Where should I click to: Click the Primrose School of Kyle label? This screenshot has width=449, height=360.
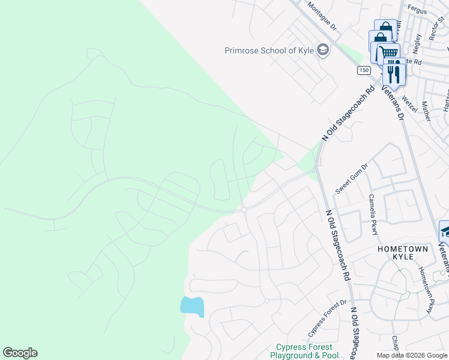pyautogui.click(x=270, y=50)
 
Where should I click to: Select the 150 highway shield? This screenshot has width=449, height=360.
pyautogui.click(x=363, y=70)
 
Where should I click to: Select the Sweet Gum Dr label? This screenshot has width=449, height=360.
pyautogui.click(x=351, y=179)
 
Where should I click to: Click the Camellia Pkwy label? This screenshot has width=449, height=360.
pyautogui.click(x=373, y=215)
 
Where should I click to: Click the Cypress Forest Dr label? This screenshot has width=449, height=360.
pyautogui.click(x=327, y=318)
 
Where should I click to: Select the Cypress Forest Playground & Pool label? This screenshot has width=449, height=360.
pyautogui.click(x=303, y=351)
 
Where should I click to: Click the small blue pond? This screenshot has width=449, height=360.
pyautogui.click(x=192, y=306)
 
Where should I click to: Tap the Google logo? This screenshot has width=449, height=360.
pyautogui.click(x=20, y=353)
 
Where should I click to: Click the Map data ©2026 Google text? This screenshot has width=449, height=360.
pyautogui.click(x=411, y=355)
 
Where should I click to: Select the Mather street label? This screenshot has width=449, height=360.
pyautogui.click(x=426, y=112)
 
